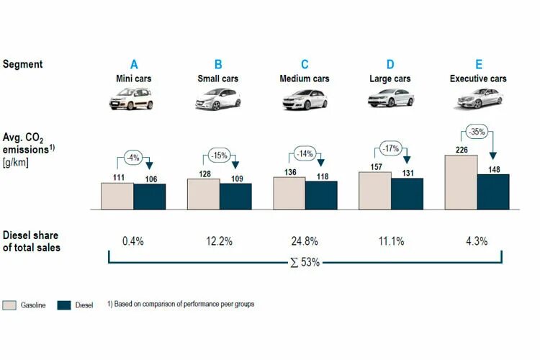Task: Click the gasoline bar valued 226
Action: [461, 182]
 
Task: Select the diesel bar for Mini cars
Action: [149, 197]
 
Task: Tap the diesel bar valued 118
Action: [321, 195]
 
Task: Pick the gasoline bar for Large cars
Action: [374, 191]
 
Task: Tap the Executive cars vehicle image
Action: [477, 98]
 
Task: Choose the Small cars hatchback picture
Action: [218, 98]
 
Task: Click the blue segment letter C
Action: [305, 63]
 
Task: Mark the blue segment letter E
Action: [478, 63]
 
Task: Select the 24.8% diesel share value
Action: [305, 241]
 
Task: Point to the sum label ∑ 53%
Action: [305, 262]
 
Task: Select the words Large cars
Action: [391, 78]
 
